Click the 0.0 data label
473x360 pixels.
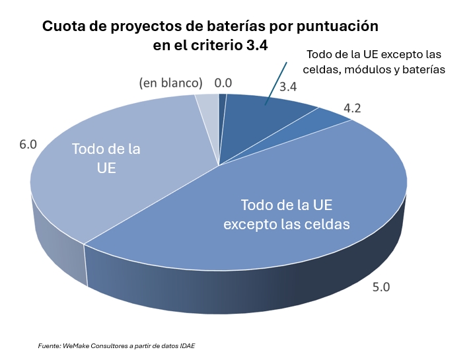pyautogui.click(x=223, y=83)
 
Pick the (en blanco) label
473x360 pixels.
pyautogui.click(x=170, y=83)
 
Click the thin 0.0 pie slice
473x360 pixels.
pyautogui.click(x=222, y=106)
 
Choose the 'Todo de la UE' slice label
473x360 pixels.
pyautogui.click(x=106, y=158)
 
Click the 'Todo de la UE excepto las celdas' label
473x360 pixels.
pyautogui.click(x=286, y=214)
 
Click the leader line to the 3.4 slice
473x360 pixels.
pyautogui.click(x=275, y=83)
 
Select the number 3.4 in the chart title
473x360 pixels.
pyautogui.click(x=260, y=44)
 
